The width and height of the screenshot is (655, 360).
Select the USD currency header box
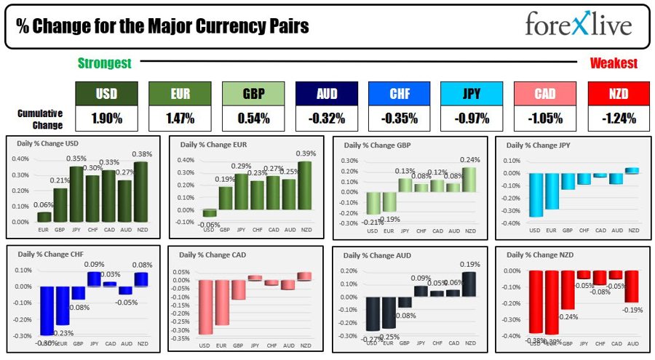(x=106, y=94)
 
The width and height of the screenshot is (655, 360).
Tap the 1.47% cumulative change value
(x=180, y=118)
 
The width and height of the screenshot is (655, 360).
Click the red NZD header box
(x=619, y=94)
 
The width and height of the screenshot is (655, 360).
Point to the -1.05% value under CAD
(x=546, y=118)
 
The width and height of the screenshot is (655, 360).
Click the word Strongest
(x=105, y=64)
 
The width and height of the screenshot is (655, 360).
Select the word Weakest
(x=614, y=64)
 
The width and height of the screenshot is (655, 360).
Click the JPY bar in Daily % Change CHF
(x=94, y=279)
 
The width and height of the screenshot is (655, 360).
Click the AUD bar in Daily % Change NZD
(x=631, y=287)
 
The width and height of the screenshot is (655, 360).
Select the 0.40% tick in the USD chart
(x=20, y=159)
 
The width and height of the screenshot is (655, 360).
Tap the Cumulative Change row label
(x=41, y=118)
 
